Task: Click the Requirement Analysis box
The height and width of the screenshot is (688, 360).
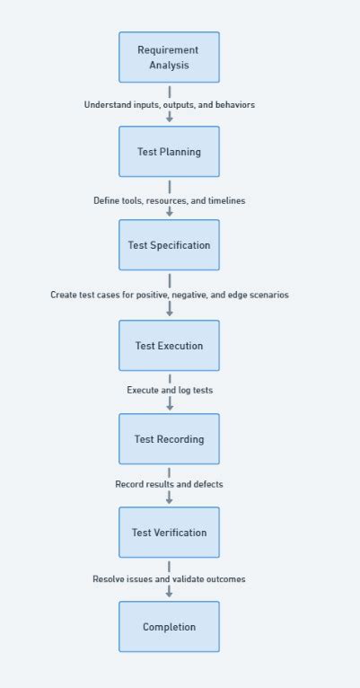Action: (x=169, y=57)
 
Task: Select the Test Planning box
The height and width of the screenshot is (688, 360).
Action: (x=169, y=152)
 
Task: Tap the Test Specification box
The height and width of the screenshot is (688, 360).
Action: (x=169, y=245)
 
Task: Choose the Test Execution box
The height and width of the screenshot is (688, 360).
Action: (x=169, y=346)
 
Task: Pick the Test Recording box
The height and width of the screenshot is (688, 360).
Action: (x=169, y=439)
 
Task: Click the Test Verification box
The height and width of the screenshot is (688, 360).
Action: (x=169, y=533)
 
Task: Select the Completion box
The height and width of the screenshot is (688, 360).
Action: (x=169, y=627)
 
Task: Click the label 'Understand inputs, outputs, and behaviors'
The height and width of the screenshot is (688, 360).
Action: (x=169, y=105)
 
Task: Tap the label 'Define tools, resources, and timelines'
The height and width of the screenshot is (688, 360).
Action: (x=169, y=201)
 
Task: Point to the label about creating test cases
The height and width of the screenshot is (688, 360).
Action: (x=169, y=295)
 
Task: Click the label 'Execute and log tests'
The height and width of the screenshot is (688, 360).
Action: (x=169, y=391)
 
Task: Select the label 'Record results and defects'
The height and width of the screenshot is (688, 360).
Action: (x=169, y=484)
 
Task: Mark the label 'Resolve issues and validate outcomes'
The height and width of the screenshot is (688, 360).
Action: (x=169, y=579)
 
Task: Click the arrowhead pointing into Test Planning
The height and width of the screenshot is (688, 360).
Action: (x=169, y=119)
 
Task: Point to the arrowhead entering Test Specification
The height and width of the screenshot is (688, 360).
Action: (x=169, y=214)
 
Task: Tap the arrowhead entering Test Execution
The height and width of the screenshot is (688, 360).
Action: (x=169, y=313)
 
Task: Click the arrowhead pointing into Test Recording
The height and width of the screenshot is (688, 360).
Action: (x=169, y=406)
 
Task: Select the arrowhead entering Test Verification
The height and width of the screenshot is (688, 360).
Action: (x=169, y=499)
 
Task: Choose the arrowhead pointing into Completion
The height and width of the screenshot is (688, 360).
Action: (x=169, y=594)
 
